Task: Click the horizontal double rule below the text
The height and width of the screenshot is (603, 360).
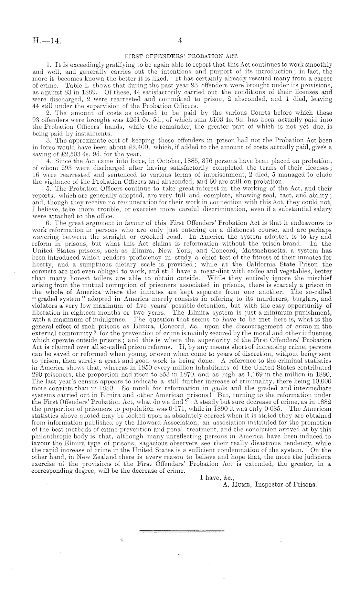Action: (x=182, y=530)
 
